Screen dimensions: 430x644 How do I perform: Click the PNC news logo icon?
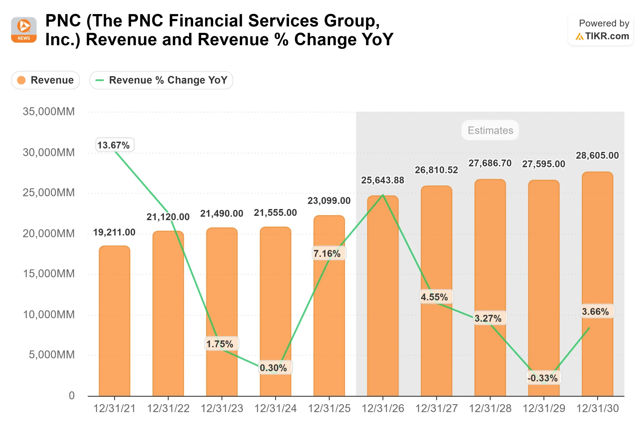click(24, 30)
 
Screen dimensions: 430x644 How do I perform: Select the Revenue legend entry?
click(46, 80)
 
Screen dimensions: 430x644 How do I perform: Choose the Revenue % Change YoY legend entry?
click(161, 80)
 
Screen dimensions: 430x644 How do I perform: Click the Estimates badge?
click(490, 130)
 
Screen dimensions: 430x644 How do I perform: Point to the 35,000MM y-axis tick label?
click(49, 112)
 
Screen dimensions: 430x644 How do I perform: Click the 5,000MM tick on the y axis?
click(52, 355)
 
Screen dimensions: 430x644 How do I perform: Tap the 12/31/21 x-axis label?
click(114, 409)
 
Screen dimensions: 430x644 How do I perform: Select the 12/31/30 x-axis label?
click(597, 409)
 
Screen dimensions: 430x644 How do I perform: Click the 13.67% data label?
click(114, 145)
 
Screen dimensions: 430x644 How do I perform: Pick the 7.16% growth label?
click(328, 253)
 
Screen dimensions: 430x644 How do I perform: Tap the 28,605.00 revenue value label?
click(597, 155)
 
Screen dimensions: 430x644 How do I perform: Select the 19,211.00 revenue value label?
click(114, 232)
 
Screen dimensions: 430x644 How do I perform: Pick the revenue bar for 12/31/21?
click(114, 321)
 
